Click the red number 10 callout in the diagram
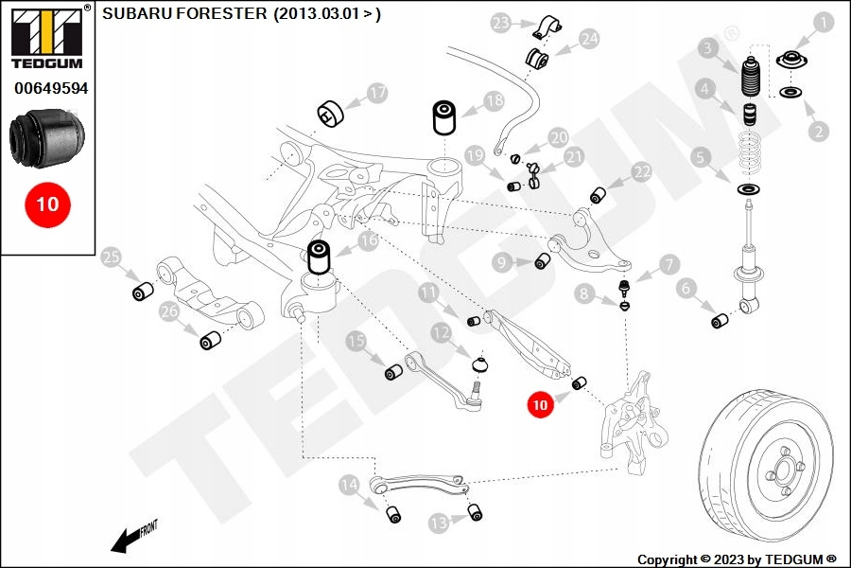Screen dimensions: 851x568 click(540, 405)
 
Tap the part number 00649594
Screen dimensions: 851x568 click(51, 88)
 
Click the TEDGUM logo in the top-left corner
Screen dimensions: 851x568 click(47, 37)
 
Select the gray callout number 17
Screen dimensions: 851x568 click(377, 93)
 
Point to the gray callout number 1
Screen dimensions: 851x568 click(824, 23)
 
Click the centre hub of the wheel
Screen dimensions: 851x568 click(784, 470)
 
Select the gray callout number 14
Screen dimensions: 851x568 click(349, 485)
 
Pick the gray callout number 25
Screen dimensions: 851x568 click(112, 257)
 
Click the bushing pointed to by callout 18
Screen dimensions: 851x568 click(444, 116)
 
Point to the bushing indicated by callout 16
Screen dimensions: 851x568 click(320, 257)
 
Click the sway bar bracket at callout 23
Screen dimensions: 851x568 click(546, 27)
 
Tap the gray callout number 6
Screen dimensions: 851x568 click(686, 288)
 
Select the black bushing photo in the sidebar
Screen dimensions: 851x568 click(46, 137)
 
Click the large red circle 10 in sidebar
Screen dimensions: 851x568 click(48, 204)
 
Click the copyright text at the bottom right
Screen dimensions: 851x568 click(737, 559)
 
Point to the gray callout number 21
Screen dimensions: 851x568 click(574, 157)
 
